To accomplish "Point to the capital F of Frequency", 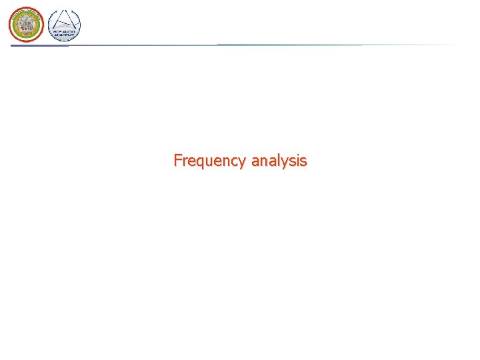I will pyautogui.click(x=177, y=161).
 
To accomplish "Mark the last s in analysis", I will pyautogui.click(x=303, y=162).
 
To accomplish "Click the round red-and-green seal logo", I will pyautogui.click(x=26, y=25).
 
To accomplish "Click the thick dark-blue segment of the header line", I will pyautogui.click(x=40, y=45).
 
